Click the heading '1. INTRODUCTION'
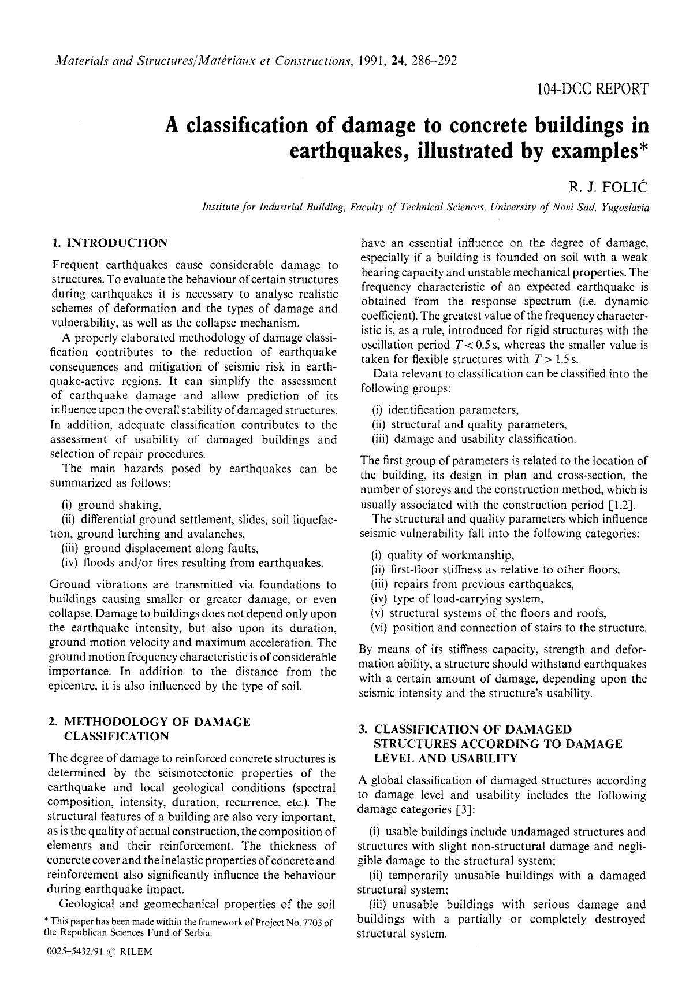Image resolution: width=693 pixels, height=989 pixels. (x=110, y=243)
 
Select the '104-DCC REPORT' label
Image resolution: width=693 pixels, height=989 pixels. (x=592, y=90)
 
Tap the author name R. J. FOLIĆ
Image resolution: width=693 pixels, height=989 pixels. (x=609, y=187)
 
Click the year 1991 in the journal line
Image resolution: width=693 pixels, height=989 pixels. (x=372, y=61)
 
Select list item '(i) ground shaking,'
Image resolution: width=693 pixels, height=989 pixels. (x=111, y=505)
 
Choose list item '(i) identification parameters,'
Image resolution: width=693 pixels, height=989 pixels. (x=445, y=410)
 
